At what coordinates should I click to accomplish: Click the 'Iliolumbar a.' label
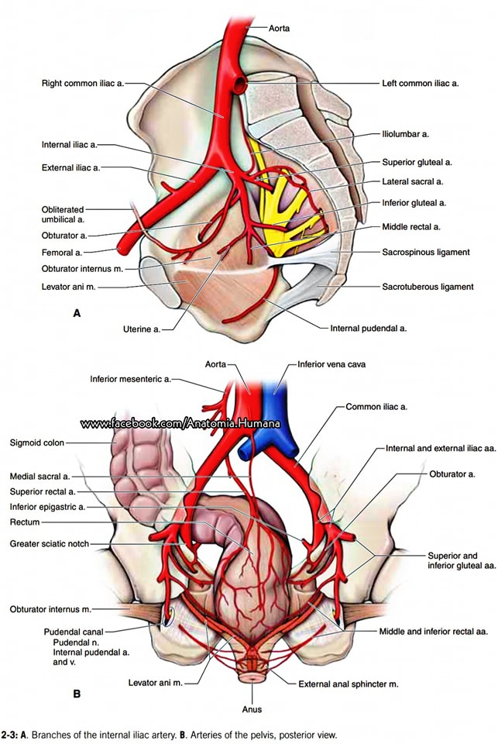tap(406, 134)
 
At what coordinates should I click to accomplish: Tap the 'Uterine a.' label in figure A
tap(142, 329)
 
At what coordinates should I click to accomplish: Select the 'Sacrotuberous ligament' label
tap(428, 287)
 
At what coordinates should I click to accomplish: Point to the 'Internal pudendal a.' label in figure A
tap(369, 328)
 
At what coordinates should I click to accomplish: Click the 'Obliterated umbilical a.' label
tap(63, 215)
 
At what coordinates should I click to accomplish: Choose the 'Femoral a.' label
tap(62, 253)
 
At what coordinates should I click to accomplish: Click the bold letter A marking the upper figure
tap(77, 313)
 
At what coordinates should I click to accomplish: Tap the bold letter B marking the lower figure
tap(77, 694)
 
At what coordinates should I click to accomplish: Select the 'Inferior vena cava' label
tap(331, 364)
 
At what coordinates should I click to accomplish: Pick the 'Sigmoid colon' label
tap(37, 443)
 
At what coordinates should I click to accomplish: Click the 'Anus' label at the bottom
tap(252, 709)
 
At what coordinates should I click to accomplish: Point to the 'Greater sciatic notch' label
tap(50, 544)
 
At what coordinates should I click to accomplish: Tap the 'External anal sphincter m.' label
tap(348, 684)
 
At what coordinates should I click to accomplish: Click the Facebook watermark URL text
tap(180, 423)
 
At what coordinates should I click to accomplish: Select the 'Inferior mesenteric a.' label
tap(130, 379)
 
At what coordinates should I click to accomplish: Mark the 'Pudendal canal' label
tap(74, 632)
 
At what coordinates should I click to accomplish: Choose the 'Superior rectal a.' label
tap(43, 491)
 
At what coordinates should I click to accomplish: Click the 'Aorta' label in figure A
tap(279, 28)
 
